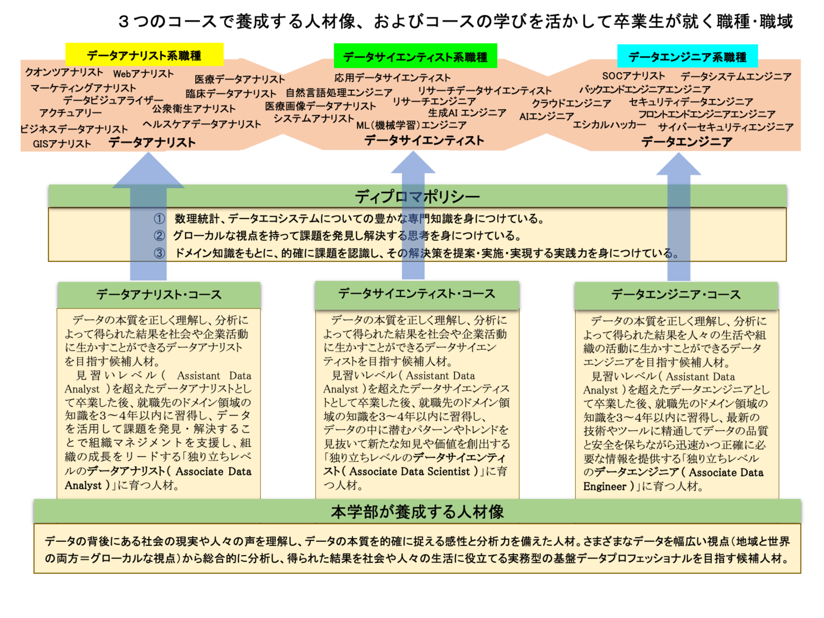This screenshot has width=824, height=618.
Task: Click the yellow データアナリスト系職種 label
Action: click(x=144, y=56)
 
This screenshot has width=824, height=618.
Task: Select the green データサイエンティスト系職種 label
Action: click(x=415, y=57)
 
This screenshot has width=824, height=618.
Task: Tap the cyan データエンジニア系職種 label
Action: click(x=687, y=57)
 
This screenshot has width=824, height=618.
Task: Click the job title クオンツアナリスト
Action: click(x=64, y=72)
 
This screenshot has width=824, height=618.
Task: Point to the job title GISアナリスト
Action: click(x=62, y=144)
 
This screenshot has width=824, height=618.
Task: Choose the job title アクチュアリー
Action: click(x=70, y=113)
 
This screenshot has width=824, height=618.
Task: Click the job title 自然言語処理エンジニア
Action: click(x=339, y=92)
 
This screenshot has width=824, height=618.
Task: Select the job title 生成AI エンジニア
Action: click(x=467, y=113)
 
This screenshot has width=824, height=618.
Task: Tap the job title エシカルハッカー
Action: click(x=609, y=124)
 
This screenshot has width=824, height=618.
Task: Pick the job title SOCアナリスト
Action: click(x=633, y=76)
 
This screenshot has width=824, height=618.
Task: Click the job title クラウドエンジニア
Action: click(x=571, y=103)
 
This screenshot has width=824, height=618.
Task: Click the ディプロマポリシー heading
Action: click(x=417, y=196)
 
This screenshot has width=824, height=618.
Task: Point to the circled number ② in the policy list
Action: click(x=159, y=236)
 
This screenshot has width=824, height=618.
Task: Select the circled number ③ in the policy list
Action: click(x=159, y=253)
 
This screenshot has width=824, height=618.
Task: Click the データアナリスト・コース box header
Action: click(x=159, y=295)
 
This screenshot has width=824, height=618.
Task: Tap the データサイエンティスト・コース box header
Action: click(x=417, y=294)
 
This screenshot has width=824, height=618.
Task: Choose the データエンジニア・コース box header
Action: click(x=676, y=295)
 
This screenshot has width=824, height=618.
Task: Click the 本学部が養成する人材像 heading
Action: click(x=417, y=511)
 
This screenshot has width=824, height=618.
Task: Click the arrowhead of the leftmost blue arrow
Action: click(x=148, y=172)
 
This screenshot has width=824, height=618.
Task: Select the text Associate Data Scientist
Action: click(x=410, y=472)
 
